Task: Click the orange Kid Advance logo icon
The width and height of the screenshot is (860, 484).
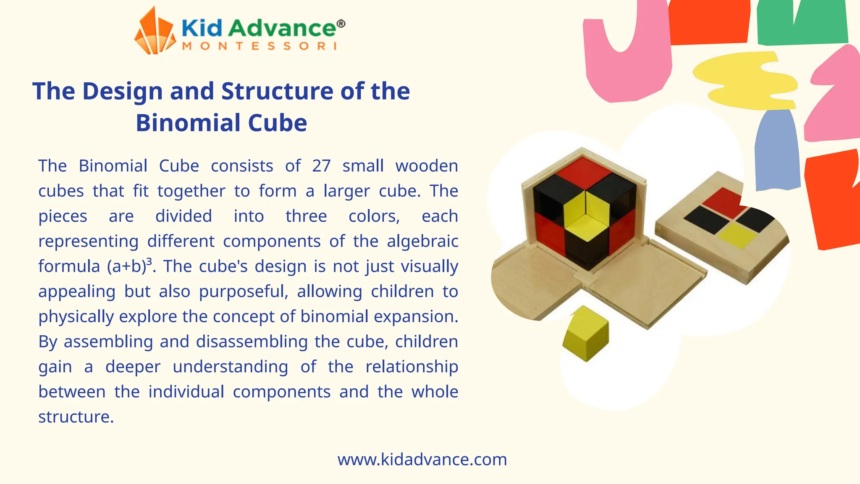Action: (155, 33)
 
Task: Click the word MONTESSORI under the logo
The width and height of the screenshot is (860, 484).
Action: (259, 46)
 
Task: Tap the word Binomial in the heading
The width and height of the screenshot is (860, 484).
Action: (189, 123)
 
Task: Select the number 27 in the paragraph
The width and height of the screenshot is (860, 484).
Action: (321, 166)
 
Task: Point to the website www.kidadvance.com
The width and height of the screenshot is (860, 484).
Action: (422, 459)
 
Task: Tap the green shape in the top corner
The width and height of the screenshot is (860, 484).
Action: (802, 23)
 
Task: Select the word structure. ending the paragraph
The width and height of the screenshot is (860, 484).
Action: (76, 417)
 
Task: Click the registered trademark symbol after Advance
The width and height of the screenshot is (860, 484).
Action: (341, 24)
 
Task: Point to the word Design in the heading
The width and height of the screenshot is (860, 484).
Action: (122, 92)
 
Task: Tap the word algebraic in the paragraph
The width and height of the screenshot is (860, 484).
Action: (422, 242)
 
